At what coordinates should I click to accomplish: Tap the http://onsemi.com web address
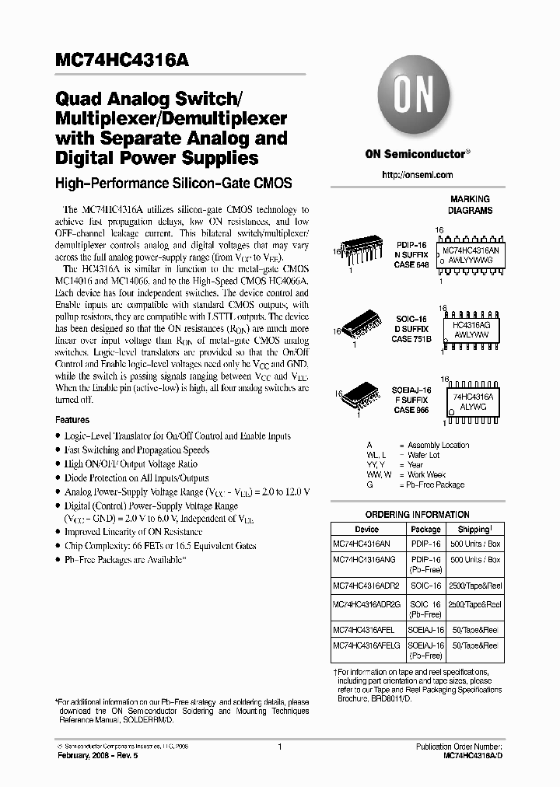point(418,175)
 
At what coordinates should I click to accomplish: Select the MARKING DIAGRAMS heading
point(469,205)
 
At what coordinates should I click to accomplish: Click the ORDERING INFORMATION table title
point(418,516)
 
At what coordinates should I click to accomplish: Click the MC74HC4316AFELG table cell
point(365,645)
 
